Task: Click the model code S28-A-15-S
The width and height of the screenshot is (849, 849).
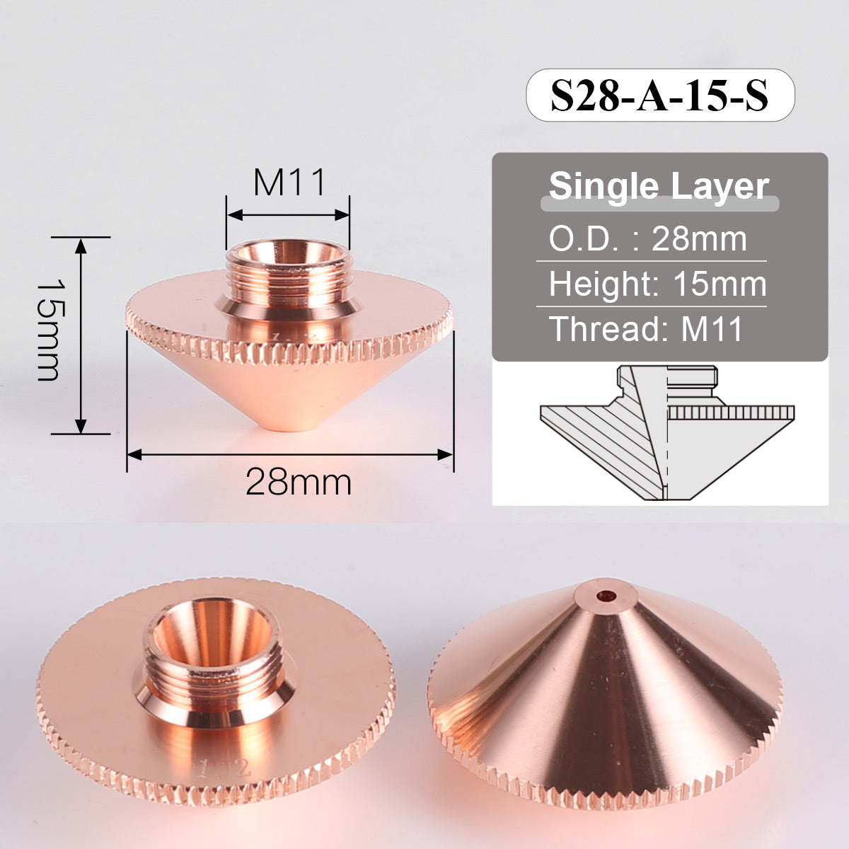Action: click(659, 96)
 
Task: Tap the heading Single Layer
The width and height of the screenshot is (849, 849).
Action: click(659, 186)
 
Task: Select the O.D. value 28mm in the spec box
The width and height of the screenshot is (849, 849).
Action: click(699, 239)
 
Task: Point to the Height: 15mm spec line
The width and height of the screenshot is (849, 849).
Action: click(657, 284)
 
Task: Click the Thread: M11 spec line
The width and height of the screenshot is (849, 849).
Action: click(646, 329)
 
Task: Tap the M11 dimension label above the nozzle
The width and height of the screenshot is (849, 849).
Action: click(290, 183)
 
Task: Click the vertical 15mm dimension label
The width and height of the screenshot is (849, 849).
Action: click(49, 328)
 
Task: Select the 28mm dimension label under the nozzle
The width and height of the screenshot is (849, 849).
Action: click(299, 483)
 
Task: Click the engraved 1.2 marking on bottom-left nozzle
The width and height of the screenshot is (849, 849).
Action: click(224, 769)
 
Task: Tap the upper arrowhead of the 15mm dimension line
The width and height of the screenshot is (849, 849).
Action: click(81, 245)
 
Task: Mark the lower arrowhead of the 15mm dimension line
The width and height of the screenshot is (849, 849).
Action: click(81, 426)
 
